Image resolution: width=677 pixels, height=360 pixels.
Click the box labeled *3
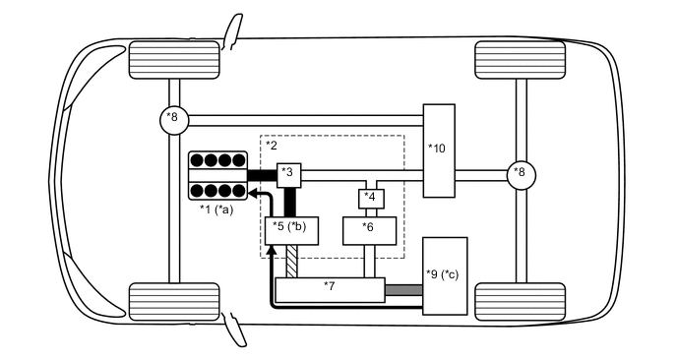pyautogui.click(x=288, y=174)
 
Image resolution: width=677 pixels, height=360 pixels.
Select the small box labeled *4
pyautogui.click(x=369, y=198)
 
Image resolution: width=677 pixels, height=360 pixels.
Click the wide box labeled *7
pyautogui.click(x=329, y=290)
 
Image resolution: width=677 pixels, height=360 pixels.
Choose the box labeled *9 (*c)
pyautogui.click(x=444, y=275)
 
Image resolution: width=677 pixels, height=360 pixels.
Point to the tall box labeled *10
pyautogui.click(x=439, y=150)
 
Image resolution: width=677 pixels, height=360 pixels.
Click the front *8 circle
pyautogui.click(x=173, y=119)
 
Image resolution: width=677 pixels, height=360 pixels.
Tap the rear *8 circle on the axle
pyautogui.click(x=521, y=174)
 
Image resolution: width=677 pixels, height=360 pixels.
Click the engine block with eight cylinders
pyautogui.click(x=216, y=174)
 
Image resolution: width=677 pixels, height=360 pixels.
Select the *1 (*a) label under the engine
pyautogui.click(x=216, y=210)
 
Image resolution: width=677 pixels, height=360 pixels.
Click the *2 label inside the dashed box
pyautogui.click(x=272, y=145)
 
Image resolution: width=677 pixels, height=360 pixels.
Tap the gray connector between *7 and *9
pyautogui.click(x=402, y=290)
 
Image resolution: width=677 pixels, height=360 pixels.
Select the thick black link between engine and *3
pyautogui.click(x=261, y=174)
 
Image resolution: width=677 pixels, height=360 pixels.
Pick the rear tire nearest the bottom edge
pyautogui.click(x=521, y=300)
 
